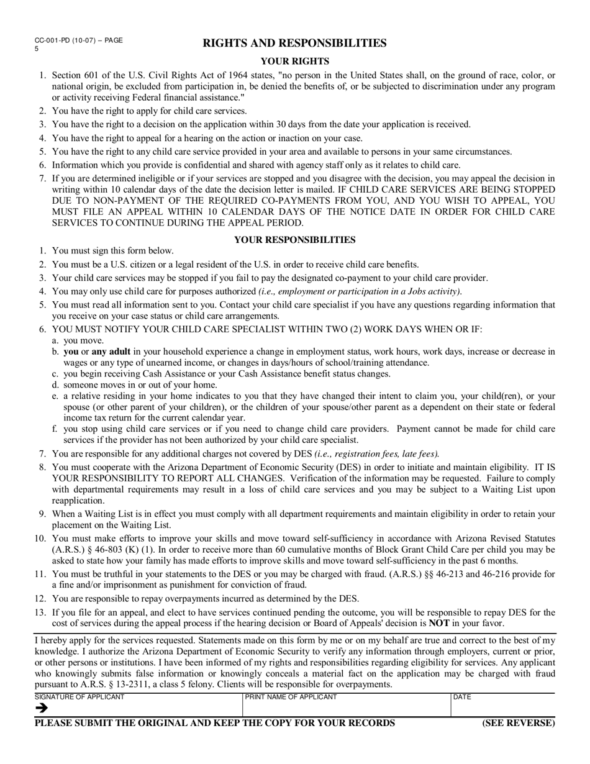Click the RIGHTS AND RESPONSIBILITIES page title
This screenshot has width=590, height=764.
coord(294,43)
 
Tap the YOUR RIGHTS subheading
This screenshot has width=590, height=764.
coord(294,61)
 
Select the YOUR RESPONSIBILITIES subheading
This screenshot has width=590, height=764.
coord(294,240)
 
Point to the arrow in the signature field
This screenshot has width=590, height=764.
coord(42,708)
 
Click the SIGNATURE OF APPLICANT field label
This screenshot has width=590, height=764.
coord(79,697)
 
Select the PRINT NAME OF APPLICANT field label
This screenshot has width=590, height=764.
coord(291,697)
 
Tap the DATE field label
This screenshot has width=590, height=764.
coord(463,697)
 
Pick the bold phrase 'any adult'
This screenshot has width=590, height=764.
coord(111,352)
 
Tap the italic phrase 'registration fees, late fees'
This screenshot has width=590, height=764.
coord(385,453)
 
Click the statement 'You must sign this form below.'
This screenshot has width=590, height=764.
coord(113,251)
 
